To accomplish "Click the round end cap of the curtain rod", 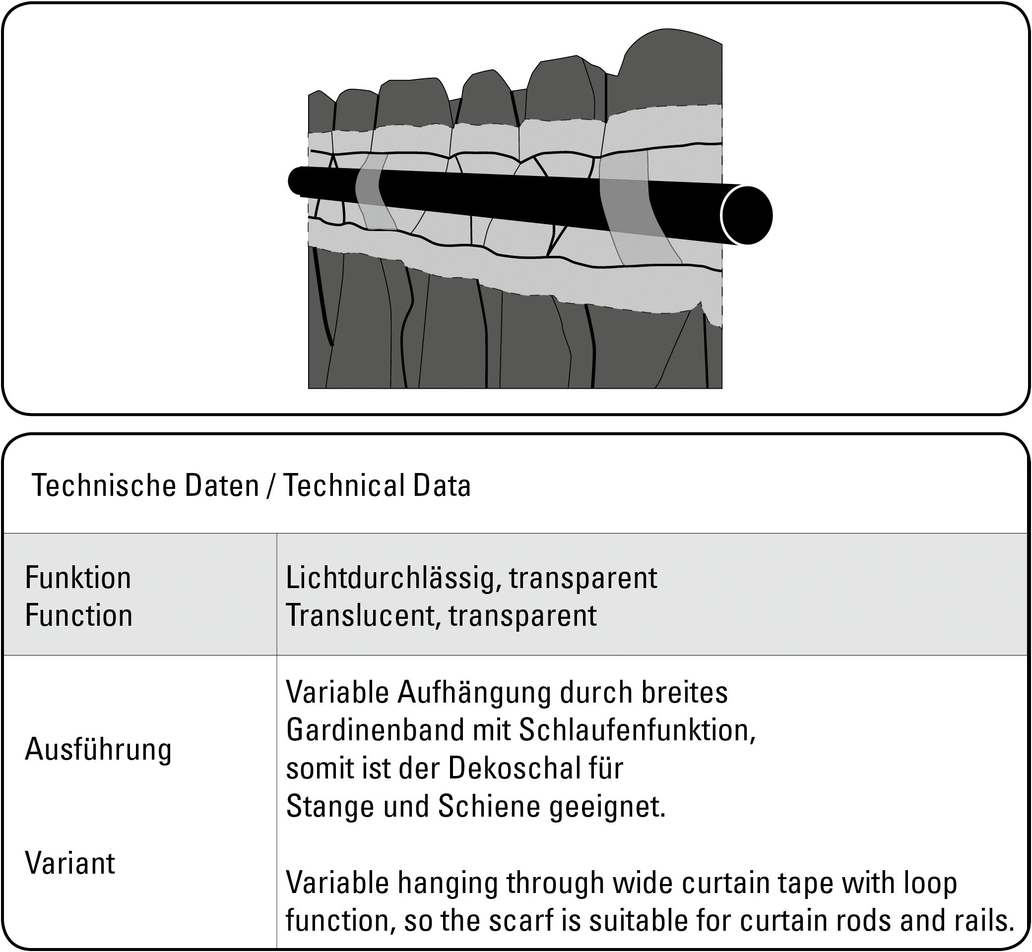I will (746, 215).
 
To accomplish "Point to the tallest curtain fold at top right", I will (670, 67).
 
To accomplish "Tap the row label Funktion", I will (78, 578).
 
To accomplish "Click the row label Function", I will (78, 616).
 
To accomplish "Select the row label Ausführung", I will (98, 750).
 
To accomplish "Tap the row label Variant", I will (70, 863).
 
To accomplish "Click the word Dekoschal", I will (508, 769).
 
